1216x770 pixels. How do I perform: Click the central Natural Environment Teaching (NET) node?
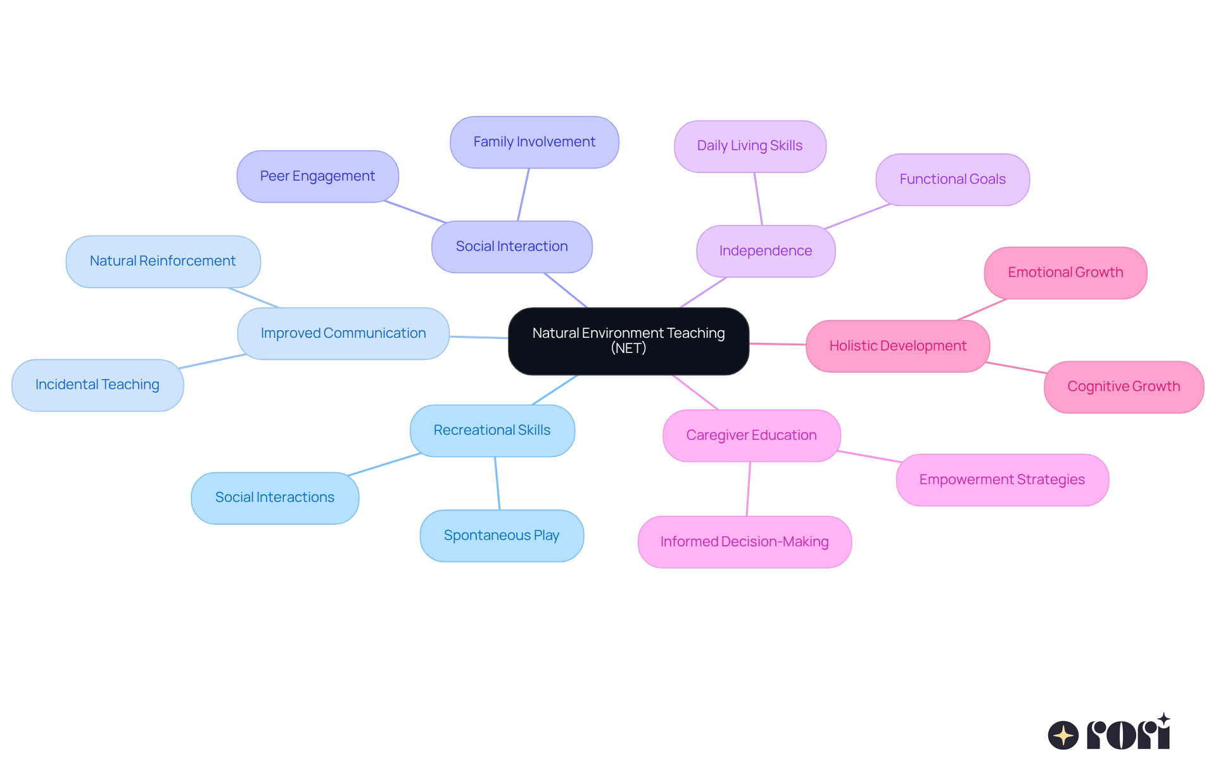628,341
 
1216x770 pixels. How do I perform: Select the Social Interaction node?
512,247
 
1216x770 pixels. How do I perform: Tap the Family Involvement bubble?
534,142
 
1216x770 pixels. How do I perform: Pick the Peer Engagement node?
317,176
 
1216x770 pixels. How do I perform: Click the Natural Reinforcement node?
163,261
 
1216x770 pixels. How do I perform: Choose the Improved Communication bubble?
343,333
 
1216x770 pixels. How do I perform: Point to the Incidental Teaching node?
98,385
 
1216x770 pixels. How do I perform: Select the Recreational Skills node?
492,430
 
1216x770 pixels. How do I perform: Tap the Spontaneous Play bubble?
502,536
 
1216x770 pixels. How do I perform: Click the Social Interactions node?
275,497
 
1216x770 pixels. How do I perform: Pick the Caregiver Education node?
751,435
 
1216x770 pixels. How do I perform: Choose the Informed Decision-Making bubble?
744,542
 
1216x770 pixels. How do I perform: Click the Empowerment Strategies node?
1002,480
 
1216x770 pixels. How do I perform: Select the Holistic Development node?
897,346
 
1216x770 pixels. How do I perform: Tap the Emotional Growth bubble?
1065,273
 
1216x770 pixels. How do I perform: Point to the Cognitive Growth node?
1124,387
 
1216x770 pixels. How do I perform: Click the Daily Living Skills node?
750,146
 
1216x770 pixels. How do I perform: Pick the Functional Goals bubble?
953,179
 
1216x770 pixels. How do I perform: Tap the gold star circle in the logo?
1063,735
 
